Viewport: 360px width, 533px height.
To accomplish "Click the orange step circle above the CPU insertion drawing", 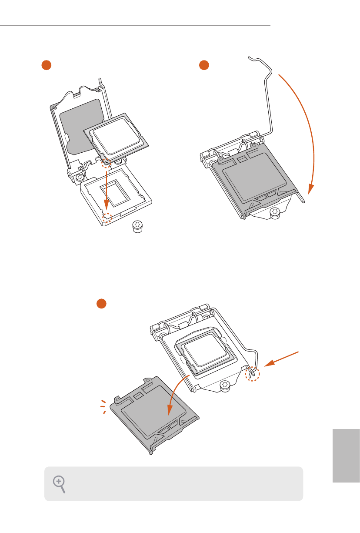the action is click(x=47, y=65).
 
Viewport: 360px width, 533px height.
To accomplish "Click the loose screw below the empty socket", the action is click(x=138, y=227).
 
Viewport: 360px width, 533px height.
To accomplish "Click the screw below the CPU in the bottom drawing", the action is click(x=225, y=385).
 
